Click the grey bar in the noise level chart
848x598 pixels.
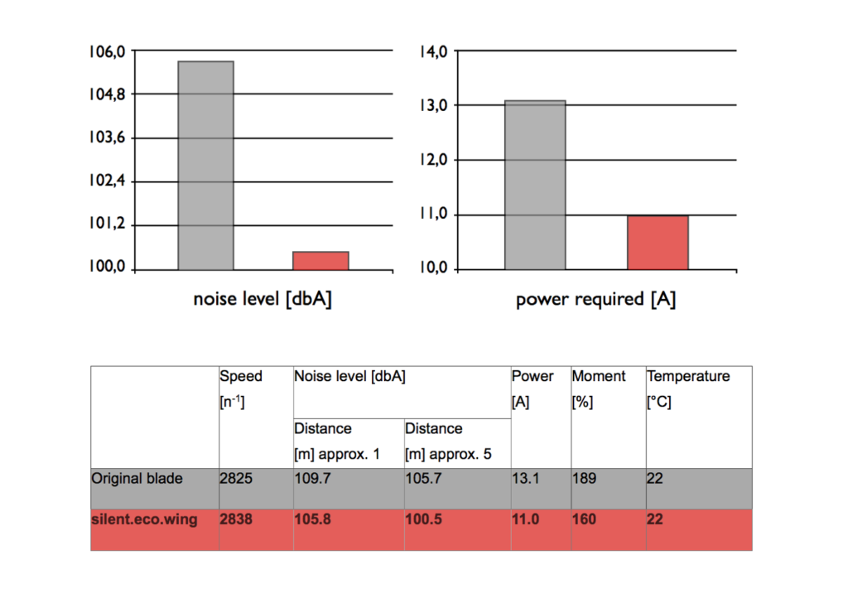[x=205, y=166]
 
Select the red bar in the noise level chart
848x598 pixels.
[x=320, y=260]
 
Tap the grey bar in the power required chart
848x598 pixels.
[x=535, y=185]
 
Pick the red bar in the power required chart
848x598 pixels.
[x=658, y=242]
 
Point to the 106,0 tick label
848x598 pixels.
[x=107, y=51]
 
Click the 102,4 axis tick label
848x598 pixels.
[x=107, y=181]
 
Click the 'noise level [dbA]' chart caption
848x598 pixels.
[x=263, y=299]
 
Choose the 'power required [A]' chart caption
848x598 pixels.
[x=595, y=299]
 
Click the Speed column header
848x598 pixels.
[x=241, y=377]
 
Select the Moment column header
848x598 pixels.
[x=599, y=377]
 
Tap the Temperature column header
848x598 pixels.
[x=688, y=377]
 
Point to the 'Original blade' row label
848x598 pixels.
[x=137, y=479]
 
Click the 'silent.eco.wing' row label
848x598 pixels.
[x=144, y=520]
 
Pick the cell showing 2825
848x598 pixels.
[x=235, y=479]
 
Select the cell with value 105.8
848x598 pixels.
[x=314, y=520]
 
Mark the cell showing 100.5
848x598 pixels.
[x=425, y=520]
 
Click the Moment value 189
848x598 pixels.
[x=583, y=479]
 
